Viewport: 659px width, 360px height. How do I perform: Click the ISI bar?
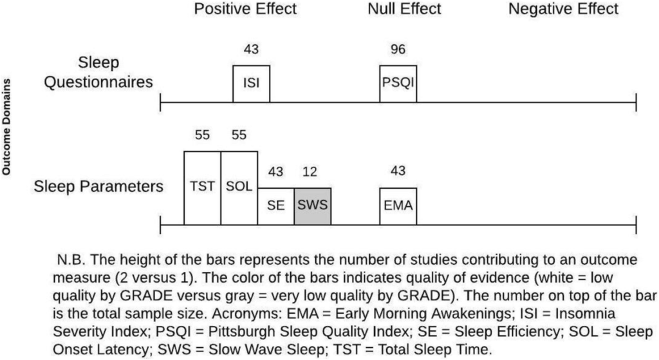(251, 84)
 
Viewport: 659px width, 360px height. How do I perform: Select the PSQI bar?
(398, 84)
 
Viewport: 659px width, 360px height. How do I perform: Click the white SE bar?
(276, 206)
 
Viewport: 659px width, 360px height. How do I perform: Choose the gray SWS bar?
(313, 206)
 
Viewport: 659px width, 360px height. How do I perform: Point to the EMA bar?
(398, 206)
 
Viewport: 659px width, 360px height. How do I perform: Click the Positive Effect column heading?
(245, 9)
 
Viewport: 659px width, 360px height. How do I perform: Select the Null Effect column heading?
(404, 9)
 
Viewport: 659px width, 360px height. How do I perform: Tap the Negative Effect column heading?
(563, 9)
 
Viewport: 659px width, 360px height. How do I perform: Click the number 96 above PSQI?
(398, 50)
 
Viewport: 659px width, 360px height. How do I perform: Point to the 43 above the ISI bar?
(251, 50)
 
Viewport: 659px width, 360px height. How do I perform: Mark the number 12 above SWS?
(313, 173)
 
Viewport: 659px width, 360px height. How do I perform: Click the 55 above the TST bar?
(202, 135)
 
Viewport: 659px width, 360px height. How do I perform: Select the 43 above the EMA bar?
(398, 173)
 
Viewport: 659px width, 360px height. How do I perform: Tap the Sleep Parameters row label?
(97, 187)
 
